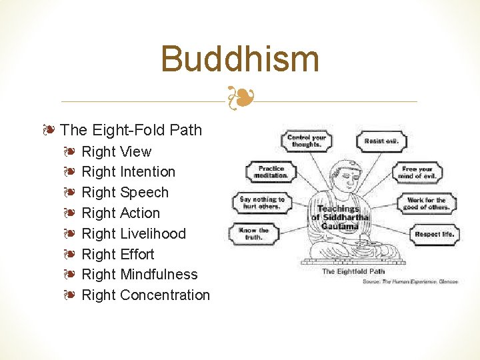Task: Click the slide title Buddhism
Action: click(240, 59)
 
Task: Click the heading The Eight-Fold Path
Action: click(131, 129)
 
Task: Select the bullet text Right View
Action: click(116, 151)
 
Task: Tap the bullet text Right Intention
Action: click(128, 172)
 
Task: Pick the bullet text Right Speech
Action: click(125, 193)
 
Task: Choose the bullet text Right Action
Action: click(121, 213)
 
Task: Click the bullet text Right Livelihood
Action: click(133, 234)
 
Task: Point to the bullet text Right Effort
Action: click(117, 255)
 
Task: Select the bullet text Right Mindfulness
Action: click(139, 275)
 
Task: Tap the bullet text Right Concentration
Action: click(145, 295)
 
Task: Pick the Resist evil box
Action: click(381, 141)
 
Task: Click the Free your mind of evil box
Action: click(418, 173)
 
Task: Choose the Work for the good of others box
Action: click(427, 203)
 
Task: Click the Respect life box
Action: click(435, 234)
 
